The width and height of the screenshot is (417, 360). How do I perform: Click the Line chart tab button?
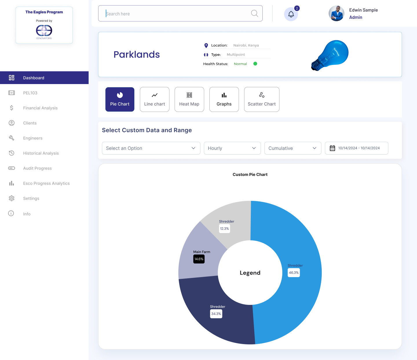point(155,99)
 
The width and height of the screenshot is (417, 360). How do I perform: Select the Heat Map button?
point(189,99)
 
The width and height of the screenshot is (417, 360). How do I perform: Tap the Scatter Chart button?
point(262,99)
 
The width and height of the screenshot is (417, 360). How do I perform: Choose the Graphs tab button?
point(224,99)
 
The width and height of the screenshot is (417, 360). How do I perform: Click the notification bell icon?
point(291,14)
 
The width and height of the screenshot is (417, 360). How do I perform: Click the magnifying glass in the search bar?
point(254,13)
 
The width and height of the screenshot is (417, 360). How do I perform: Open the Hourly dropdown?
point(232,148)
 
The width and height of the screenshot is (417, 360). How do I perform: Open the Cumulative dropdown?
point(293,148)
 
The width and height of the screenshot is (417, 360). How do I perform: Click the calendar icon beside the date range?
point(332,148)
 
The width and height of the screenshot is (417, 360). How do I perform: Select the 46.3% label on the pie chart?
point(294,272)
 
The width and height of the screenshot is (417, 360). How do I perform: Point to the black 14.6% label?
point(199,259)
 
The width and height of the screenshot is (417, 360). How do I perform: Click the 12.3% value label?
point(224,229)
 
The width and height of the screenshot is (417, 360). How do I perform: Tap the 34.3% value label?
point(216,314)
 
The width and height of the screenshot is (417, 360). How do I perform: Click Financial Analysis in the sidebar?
point(40,108)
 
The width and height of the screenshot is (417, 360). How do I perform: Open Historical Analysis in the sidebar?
point(41,153)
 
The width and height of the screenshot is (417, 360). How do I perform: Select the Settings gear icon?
point(12,198)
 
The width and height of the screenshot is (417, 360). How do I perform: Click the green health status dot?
point(255,64)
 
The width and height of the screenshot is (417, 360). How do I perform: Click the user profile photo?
point(336,13)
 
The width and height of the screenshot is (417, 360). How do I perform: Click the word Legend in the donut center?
point(250,273)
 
